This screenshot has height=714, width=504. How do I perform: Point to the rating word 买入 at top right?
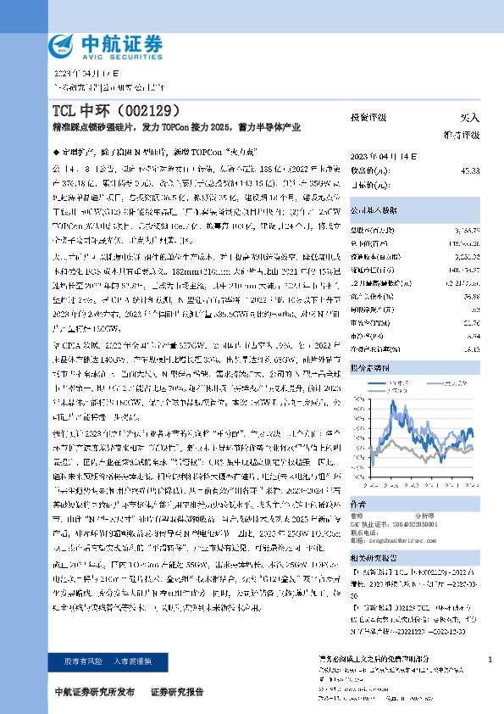point(468,117)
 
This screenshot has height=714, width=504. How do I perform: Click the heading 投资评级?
point(368,117)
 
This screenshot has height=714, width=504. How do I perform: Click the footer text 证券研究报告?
point(177,692)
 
